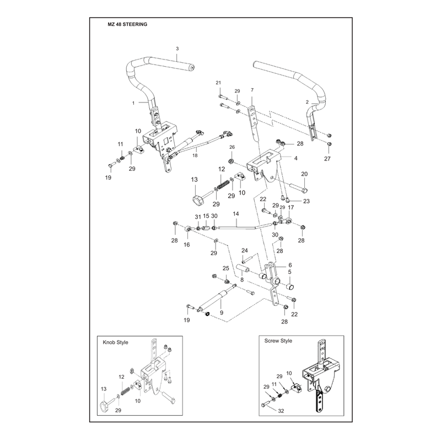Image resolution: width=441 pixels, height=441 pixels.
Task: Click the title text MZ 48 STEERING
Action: [x=127, y=24]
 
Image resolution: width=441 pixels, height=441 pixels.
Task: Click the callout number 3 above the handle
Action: [x=177, y=49]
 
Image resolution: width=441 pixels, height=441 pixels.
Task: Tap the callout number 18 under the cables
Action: [x=195, y=155]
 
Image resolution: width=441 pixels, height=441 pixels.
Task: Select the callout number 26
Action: [x=232, y=147]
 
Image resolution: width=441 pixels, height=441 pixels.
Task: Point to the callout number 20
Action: [x=304, y=174]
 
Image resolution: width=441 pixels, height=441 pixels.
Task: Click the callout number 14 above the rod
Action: [x=236, y=214]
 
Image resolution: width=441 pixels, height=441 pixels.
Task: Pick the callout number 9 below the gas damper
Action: [x=222, y=313]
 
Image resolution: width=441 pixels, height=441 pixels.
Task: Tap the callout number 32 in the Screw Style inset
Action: [x=281, y=411]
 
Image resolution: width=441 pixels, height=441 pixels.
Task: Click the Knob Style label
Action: [x=115, y=342]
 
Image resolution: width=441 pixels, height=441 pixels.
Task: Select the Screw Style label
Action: [x=278, y=341]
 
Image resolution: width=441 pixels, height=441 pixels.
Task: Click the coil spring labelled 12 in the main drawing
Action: [x=223, y=185]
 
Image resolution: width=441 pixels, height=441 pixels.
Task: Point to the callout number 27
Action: [x=327, y=159]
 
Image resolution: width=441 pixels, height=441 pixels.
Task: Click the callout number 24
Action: [x=244, y=250]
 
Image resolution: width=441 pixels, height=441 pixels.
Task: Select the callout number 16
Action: [x=187, y=245]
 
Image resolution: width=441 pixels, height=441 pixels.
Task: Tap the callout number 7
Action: [x=252, y=90]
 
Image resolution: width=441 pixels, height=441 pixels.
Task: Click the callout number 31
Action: [x=198, y=217]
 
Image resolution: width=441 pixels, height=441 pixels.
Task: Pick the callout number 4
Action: [x=295, y=158]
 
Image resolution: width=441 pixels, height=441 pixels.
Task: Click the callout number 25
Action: [x=226, y=268]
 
